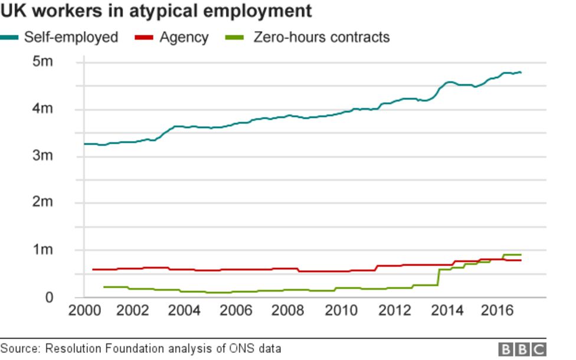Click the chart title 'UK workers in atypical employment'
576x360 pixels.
click(156, 11)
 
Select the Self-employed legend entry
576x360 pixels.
click(70, 38)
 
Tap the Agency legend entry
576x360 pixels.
click(184, 38)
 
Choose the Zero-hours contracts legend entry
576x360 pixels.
click(321, 38)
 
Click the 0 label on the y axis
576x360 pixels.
click(50, 297)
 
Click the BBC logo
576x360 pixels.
click(522, 349)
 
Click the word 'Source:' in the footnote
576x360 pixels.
click(21, 349)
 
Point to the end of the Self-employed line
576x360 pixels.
click(521, 73)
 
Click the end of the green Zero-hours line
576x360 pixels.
click(521, 255)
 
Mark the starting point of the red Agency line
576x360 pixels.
click(93, 270)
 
